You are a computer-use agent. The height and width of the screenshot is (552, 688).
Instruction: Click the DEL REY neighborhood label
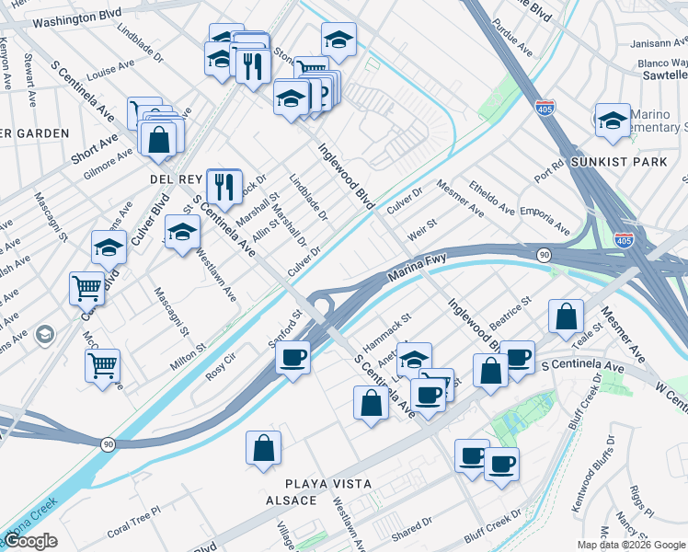click(169, 178)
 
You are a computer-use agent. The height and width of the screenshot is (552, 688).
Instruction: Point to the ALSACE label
click(291, 500)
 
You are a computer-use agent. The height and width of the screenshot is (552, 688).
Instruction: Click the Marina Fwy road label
click(417, 268)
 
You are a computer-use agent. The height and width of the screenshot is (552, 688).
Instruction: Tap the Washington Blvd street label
click(83, 17)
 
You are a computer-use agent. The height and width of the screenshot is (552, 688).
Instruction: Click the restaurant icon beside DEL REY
click(224, 188)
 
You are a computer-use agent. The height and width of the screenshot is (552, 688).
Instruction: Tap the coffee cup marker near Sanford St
click(292, 356)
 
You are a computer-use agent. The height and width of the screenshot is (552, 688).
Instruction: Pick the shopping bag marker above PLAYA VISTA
click(263, 449)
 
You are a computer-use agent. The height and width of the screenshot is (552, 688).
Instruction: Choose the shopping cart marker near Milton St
click(102, 365)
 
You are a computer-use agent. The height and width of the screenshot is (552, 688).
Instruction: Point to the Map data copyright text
click(630, 545)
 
